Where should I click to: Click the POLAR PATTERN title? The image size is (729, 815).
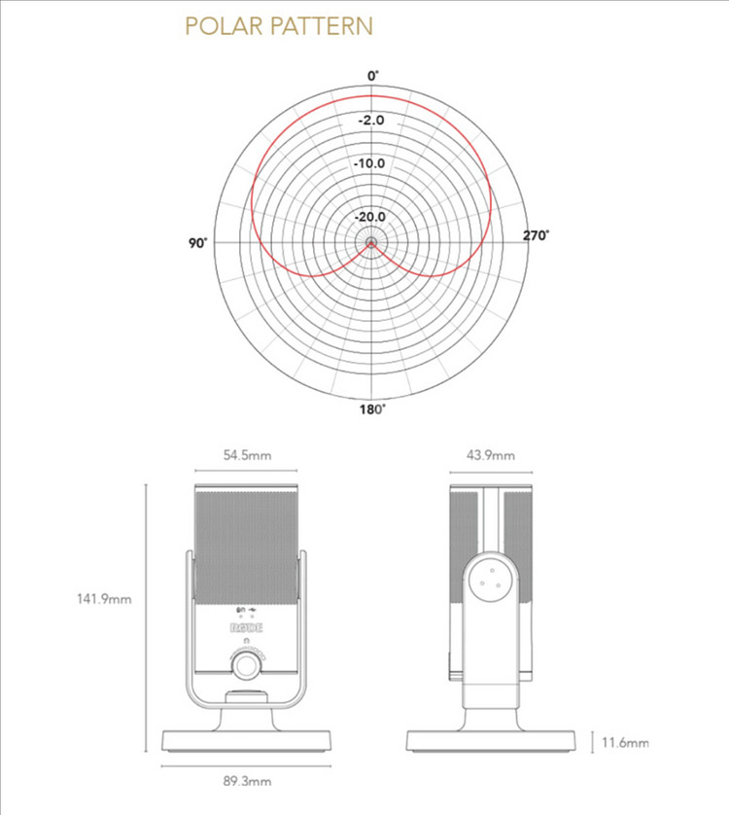tap(279, 26)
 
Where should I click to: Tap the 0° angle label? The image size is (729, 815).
tap(373, 76)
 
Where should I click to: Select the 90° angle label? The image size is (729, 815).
tap(197, 243)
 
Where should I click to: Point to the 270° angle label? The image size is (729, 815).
tap(536, 235)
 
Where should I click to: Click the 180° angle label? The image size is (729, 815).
tap(372, 409)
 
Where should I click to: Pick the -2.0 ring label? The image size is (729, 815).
tap(371, 120)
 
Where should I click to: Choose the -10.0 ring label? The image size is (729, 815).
tap(369, 163)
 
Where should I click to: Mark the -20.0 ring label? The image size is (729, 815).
tap(370, 217)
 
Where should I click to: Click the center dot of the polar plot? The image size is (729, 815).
tap(371, 242)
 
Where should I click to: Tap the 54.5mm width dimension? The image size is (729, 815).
tap(247, 455)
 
